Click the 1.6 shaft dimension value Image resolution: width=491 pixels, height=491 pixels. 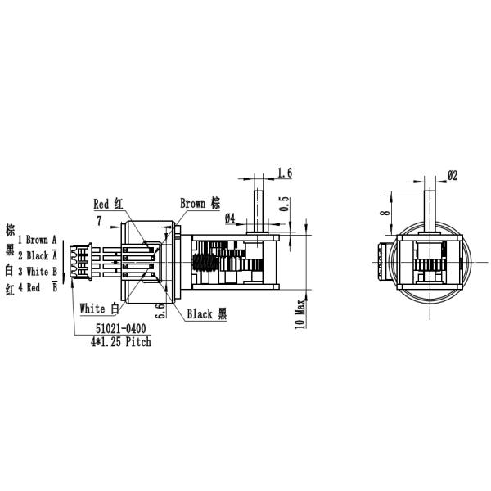[x=285, y=173]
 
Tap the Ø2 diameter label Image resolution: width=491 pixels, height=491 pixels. [x=453, y=175]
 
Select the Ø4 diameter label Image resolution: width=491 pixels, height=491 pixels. [x=230, y=218]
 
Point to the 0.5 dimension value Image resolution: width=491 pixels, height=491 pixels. [x=284, y=204]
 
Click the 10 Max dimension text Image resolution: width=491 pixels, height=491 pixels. [x=300, y=313]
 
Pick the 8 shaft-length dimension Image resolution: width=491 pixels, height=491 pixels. [x=385, y=213]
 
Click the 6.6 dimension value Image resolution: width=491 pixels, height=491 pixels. [x=161, y=311]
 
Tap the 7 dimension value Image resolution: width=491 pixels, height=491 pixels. [x=99, y=221]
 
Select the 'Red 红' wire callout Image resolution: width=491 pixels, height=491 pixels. [x=108, y=204]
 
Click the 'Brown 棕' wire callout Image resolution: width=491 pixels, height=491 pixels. [x=200, y=203]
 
